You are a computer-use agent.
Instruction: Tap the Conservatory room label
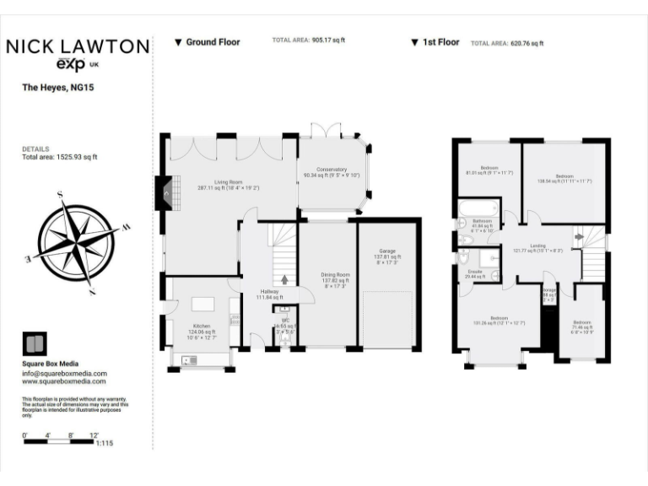pyautogui.click(x=332, y=172)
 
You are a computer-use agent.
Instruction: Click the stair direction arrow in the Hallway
pyautogui.click(x=283, y=279)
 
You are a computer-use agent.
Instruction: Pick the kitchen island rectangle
pyautogui.click(x=203, y=302)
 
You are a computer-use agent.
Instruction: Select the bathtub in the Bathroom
pyautogui.click(x=475, y=208)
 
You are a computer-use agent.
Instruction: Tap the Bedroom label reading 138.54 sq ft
pyautogui.click(x=564, y=175)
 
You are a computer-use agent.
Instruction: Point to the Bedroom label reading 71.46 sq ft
pyautogui.click(x=582, y=326)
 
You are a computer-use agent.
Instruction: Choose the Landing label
pyautogui.click(x=537, y=247)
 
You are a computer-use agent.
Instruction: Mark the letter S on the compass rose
pyautogui.click(x=61, y=195)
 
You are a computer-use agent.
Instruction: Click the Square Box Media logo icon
pyautogui.click(x=34, y=344)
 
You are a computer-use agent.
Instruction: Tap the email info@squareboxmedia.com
pyautogui.click(x=64, y=373)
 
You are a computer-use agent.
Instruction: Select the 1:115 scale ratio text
pyautogui.click(x=105, y=443)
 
